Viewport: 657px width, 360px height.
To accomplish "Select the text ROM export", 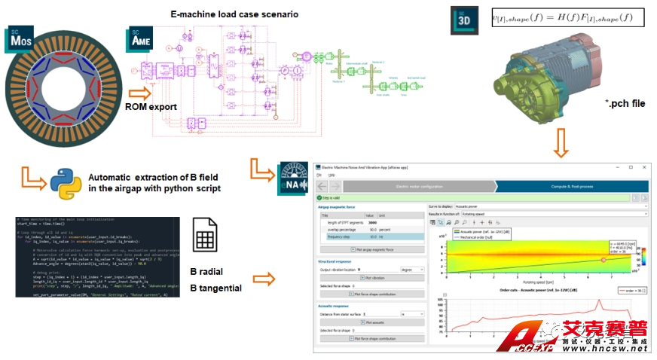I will click(x=151, y=107).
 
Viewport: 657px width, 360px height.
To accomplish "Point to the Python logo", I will click(x=66, y=182).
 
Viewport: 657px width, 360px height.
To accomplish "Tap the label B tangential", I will click(x=215, y=288).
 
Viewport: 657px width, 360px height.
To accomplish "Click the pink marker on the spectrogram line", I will click(x=603, y=258).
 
